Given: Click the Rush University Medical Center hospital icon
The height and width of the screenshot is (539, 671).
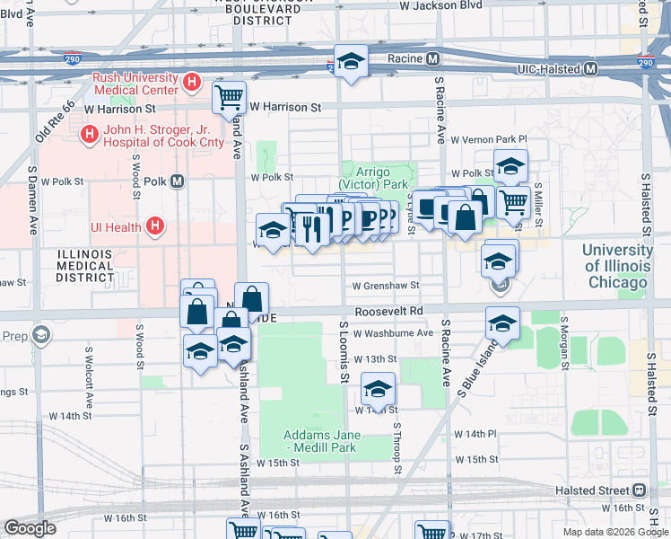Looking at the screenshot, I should coord(190,83).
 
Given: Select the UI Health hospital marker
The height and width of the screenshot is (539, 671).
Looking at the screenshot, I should coord(155,226).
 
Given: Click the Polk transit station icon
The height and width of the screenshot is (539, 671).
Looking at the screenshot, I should coord(178,181).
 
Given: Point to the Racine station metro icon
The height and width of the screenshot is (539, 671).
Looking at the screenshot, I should coord(432,59).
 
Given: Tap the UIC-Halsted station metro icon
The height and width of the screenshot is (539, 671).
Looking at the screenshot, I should coord(591,68).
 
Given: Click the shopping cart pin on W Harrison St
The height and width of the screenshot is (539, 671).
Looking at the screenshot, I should coord(230,96).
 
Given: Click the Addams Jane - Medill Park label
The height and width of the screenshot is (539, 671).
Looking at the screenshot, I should coord(321,441).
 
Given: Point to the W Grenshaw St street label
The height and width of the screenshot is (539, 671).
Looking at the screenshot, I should coord(386,286).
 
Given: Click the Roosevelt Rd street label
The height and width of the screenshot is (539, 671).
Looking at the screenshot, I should coord(388,311).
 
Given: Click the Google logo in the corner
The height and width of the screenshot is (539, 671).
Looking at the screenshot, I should coord(30,527).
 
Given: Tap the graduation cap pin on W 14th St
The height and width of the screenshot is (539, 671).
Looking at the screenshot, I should coord(378,389).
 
